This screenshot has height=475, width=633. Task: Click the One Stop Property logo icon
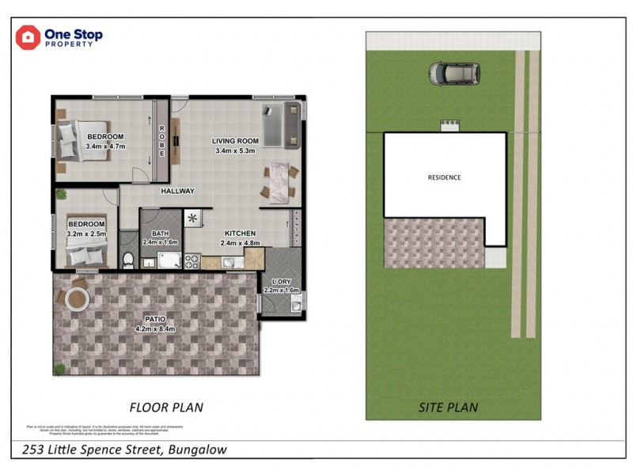click(28, 36)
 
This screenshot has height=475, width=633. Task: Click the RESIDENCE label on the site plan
click(444, 177)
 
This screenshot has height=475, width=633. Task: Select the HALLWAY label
click(178, 192)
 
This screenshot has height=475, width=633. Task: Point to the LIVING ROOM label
click(235, 142)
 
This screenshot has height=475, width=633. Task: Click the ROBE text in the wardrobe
click(162, 141)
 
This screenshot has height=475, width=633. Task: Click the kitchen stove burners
click(192, 260)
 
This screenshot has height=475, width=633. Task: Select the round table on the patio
click(78, 299)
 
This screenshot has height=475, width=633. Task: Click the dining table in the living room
click(278, 180)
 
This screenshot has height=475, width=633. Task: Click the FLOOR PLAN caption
click(166, 408)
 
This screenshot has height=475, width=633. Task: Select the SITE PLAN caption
click(448, 408)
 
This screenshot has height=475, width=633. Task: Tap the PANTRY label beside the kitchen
click(296, 228)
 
